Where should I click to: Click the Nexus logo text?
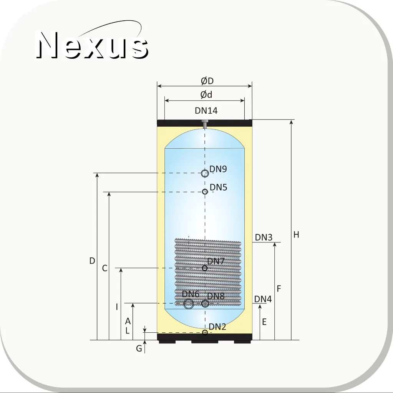(x=92, y=45)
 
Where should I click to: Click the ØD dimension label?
(x=207, y=81)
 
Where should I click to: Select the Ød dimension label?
(x=206, y=95)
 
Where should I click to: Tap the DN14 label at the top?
(x=206, y=111)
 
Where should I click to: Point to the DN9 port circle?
(x=205, y=173)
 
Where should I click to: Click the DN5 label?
(x=218, y=187)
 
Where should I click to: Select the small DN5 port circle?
(x=205, y=192)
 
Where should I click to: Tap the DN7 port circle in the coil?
(x=204, y=268)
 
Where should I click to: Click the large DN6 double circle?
(x=189, y=304)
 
